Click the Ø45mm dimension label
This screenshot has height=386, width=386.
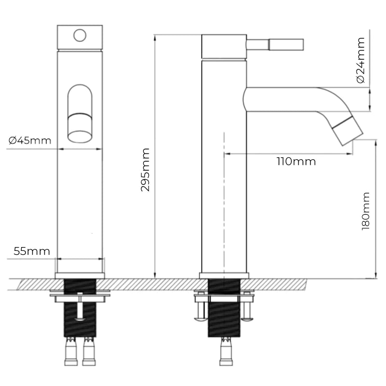(29, 140)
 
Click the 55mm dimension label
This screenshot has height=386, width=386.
(31, 251)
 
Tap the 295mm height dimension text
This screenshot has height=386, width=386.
(145, 170)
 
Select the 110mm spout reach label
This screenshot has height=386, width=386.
(296, 162)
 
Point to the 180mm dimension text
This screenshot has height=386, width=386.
(366, 211)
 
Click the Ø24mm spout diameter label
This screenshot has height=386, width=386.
(360, 60)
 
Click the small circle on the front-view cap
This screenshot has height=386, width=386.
(80, 35)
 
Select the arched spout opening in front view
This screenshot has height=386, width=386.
(80, 113)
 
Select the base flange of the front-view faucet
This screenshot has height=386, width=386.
(80, 276)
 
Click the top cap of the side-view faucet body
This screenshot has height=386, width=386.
(224, 46)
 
